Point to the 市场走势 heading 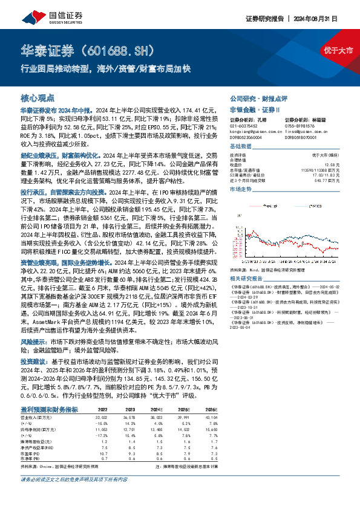[x=240, y=189]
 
